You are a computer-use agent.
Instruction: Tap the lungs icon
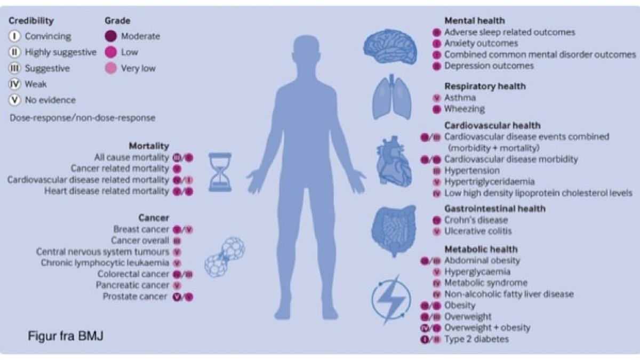[392, 98]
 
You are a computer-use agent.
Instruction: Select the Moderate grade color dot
[111, 37]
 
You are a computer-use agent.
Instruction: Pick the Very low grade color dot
[111, 68]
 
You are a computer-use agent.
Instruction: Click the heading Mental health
[475, 21]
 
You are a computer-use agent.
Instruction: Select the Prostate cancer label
[135, 297]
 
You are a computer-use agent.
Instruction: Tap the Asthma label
[460, 98]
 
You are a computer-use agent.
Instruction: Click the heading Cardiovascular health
[492, 125]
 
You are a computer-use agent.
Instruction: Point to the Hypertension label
[472, 171]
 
